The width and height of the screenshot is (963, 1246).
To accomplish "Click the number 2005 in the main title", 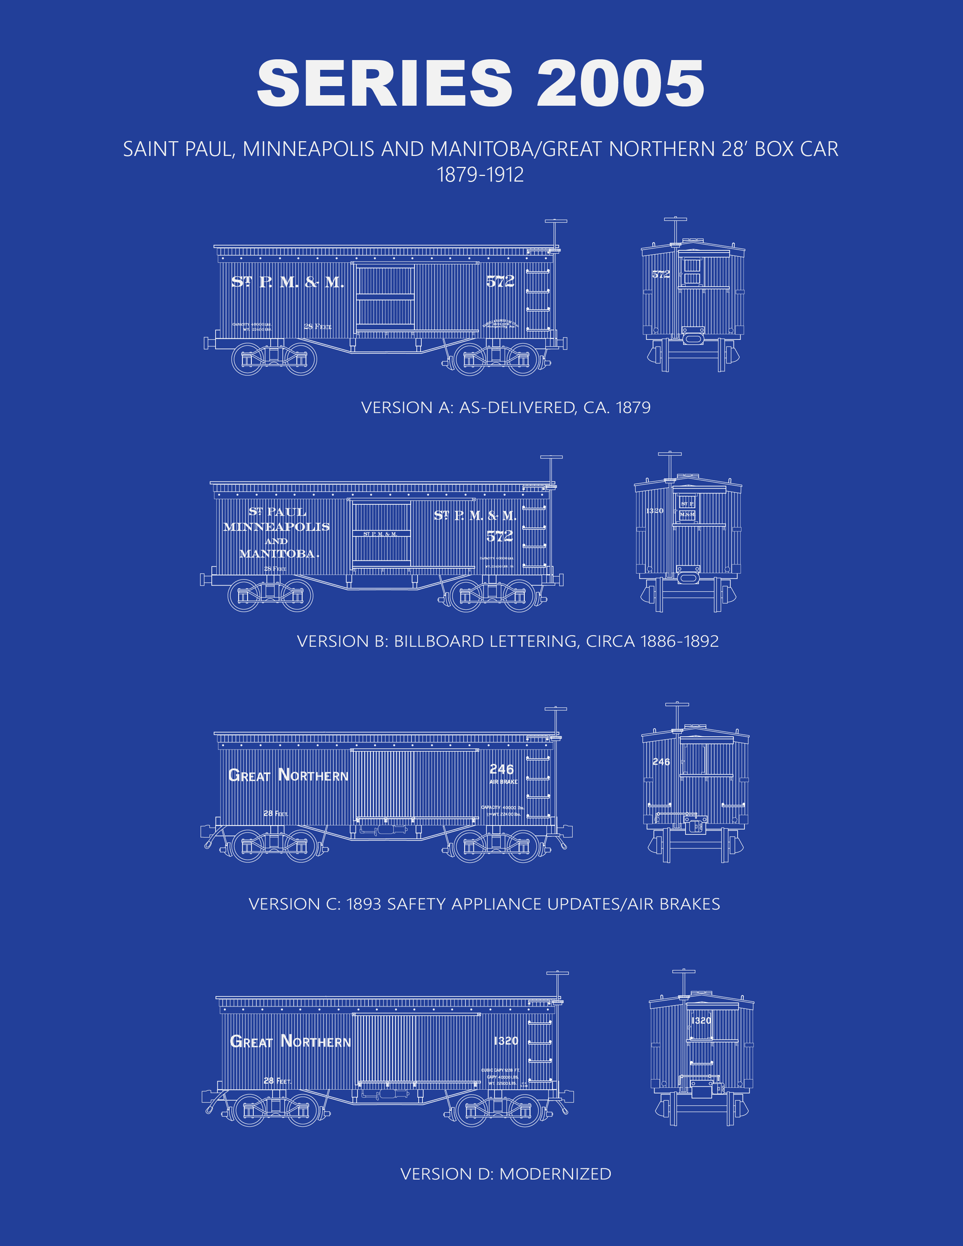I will pyautogui.click(x=620, y=83).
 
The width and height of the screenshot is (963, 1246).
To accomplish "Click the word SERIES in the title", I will pyautogui.click(x=385, y=83).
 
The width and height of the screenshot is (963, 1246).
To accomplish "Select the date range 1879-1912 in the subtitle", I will pyautogui.click(x=480, y=174).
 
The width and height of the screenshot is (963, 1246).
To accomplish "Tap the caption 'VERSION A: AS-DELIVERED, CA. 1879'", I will pyautogui.click(x=505, y=407).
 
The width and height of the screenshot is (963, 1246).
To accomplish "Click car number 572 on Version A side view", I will pyautogui.click(x=500, y=281).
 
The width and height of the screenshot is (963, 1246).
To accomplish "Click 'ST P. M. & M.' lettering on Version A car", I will pyautogui.click(x=287, y=282).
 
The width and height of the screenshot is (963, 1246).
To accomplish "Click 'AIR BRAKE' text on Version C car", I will pyautogui.click(x=503, y=782).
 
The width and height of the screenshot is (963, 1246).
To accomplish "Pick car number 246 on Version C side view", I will pyautogui.click(x=501, y=769).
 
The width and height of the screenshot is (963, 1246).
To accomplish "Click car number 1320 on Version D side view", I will pyautogui.click(x=506, y=1041).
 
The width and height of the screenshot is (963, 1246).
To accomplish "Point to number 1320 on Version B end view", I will pyautogui.click(x=654, y=510).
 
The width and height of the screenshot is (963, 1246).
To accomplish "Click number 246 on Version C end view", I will pyautogui.click(x=661, y=762).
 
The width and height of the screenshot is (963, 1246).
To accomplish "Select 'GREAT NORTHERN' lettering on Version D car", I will pyautogui.click(x=290, y=1041).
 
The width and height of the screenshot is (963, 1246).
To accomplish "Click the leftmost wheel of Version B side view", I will pyautogui.click(x=244, y=595).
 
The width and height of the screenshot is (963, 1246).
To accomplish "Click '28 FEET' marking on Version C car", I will pyautogui.click(x=276, y=813).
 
